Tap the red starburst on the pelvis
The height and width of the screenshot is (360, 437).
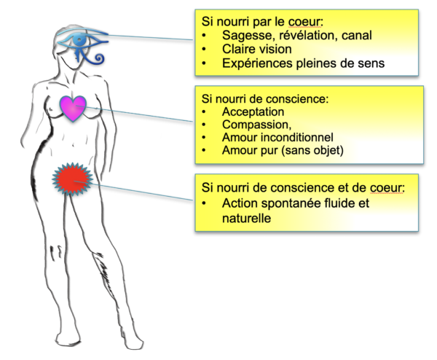pos(72,177)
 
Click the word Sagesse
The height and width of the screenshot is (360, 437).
pos(248,35)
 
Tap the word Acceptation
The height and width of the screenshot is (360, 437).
pos(254,112)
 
